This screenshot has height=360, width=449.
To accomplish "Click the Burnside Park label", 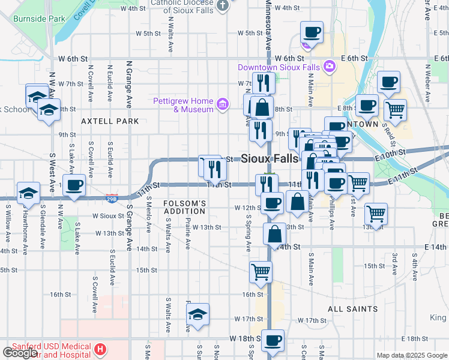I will pyautogui.click(x=41, y=19).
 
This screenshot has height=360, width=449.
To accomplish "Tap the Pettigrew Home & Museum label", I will pyautogui.click(x=183, y=105).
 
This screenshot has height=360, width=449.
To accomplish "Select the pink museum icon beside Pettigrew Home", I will pyautogui.click(x=223, y=105).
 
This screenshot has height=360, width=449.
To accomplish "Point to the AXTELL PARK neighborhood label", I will pyautogui.click(x=110, y=121).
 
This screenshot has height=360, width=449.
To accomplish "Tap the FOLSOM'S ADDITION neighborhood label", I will pyautogui.click(x=185, y=208).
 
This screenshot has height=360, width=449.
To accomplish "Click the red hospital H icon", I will pyautogui.click(x=100, y=348).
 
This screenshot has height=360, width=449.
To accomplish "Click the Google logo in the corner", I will pyautogui.click(x=20, y=353).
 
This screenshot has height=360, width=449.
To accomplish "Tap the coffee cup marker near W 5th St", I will pyautogui.click(x=312, y=32).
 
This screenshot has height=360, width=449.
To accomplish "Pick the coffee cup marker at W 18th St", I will pyautogui.click(x=273, y=341).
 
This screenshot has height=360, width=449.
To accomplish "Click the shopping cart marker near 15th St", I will pyautogui.click(x=261, y=271).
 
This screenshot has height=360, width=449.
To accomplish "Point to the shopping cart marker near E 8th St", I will pyautogui.click(x=395, y=110).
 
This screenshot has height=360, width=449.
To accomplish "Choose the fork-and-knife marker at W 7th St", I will pyautogui.click(x=264, y=82).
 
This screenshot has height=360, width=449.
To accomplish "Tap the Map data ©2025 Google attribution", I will pyautogui.click(x=412, y=355).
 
